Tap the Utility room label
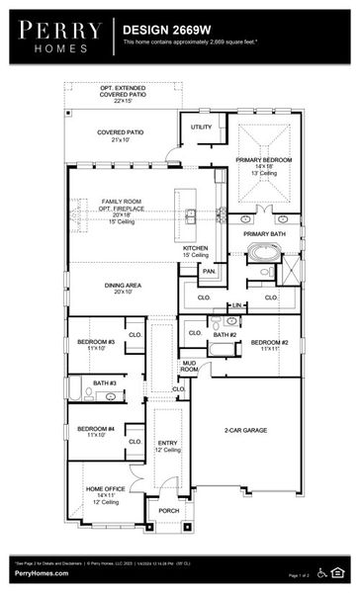[x=201, y=127]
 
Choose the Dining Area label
[x=130, y=286]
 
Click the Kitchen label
[x=195, y=248]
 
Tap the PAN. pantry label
[x=209, y=271]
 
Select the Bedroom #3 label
[x=96, y=343]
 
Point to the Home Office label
[x=106, y=490]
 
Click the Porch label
[x=169, y=511]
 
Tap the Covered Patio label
[x=122, y=132]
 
